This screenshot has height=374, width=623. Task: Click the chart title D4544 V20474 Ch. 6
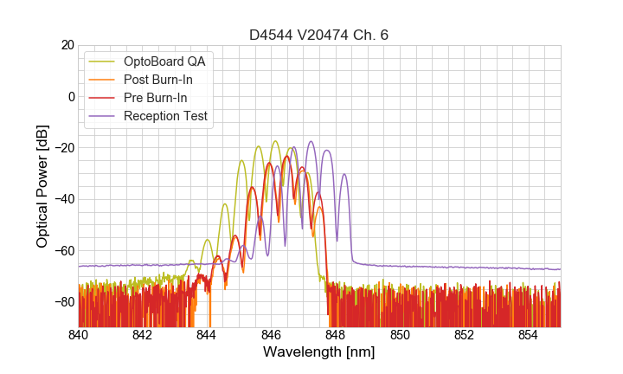pyautogui.click(x=319, y=35)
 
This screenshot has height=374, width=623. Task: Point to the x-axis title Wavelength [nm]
pyautogui.click(x=319, y=353)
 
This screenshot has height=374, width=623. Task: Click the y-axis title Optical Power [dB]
pyautogui.click(x=42, y=186)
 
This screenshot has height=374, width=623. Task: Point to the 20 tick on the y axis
pyautogui.click(x=67, y=45)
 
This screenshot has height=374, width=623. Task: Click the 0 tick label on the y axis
pyautogui.click(x=70, y=96)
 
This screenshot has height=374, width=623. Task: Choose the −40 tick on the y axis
pyautogui.click(x=63, y=199)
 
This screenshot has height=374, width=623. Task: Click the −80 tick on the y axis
pyautogui.click(x=63, y=302)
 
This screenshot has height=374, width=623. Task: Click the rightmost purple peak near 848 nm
pyautogui.click(x=344, y=175)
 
